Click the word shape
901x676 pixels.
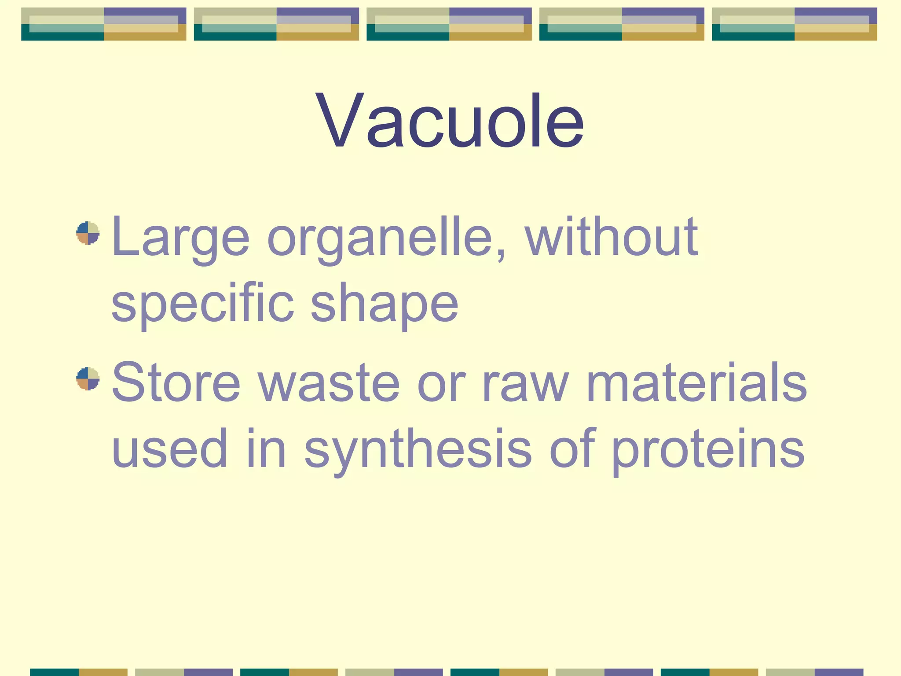[385, 304]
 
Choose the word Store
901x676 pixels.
[176, 382]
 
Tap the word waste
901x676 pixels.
[329, 382]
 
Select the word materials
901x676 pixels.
[697, 382]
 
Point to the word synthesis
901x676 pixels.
[418, 449]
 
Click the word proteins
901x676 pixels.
[708, 449]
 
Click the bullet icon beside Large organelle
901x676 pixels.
[88, 233]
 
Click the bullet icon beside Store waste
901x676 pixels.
[88, 378]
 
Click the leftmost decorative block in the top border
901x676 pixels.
[104, 24]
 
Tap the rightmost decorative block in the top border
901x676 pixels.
[795, 24]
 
